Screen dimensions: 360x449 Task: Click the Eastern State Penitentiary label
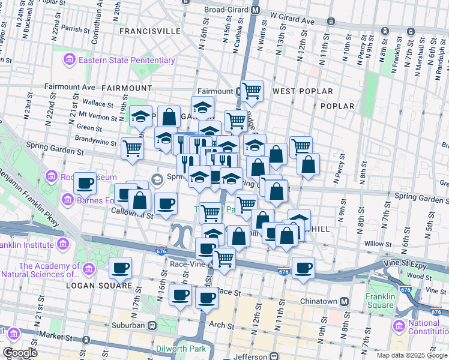coord(126,60)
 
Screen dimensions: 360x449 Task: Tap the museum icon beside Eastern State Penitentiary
coord(69,60)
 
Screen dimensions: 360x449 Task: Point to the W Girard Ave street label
coord(292,21)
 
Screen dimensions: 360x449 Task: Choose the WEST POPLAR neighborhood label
coord(303,91)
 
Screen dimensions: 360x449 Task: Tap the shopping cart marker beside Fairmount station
coord(252,91)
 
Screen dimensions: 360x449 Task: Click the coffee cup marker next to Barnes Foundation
coord(85,182)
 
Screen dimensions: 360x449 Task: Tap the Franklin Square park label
coord(381,301)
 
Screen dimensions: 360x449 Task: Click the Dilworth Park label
coord(178,349)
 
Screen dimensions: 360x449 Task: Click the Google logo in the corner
coord(20,353)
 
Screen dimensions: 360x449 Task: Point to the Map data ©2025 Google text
coord(412,355)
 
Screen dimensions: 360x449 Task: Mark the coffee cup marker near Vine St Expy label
coord(304,267)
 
